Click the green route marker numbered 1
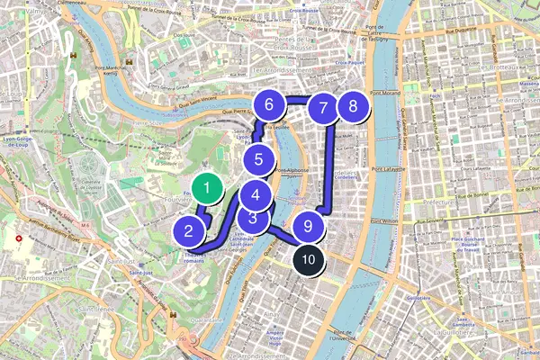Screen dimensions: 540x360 (208, 189)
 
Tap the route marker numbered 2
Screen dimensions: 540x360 (189, 231)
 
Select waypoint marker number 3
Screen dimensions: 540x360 (254, 217)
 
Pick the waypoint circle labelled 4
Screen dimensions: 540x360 (256, 193)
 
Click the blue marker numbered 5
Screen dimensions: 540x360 (258, 161)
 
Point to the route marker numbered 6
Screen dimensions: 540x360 (268, 105)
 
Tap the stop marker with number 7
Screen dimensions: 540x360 (322, 108)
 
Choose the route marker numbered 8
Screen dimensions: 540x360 (352, 106)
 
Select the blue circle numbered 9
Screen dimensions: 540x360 (308, 227)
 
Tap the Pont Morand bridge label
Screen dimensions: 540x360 (384, 93)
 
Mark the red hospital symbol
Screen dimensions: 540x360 (18, 239)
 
